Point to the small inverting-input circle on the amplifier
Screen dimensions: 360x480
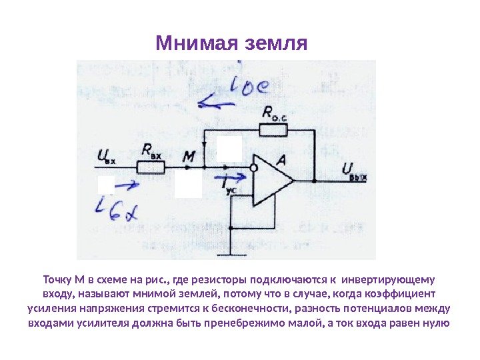254,167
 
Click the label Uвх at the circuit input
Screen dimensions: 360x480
106,157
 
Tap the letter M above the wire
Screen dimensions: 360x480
189,157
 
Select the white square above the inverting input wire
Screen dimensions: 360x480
229,147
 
